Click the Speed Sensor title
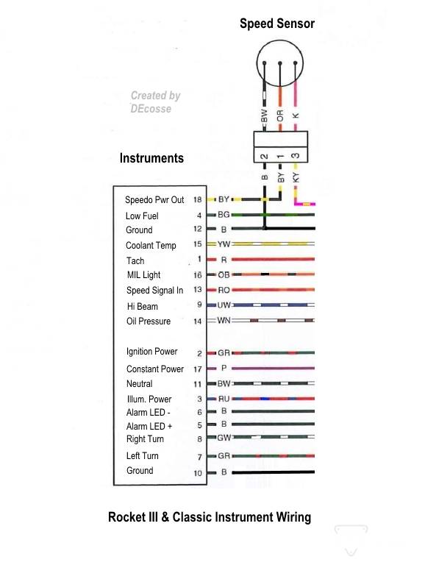point(276,24)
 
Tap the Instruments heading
point(151,158)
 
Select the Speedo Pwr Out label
point(154,200)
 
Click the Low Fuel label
point(142,216)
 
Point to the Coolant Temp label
point(151,246)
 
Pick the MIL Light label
point(143,275)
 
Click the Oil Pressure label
point(148,321)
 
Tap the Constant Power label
point(155,369)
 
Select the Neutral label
point(140,383)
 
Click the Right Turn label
point(145,439)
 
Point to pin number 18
point(197,200)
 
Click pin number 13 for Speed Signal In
point(197,290)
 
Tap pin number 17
point(197,369)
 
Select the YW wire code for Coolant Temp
point(224,244)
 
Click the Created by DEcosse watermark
point(154,102)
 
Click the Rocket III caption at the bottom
point(210,517)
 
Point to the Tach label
point(135,260)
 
